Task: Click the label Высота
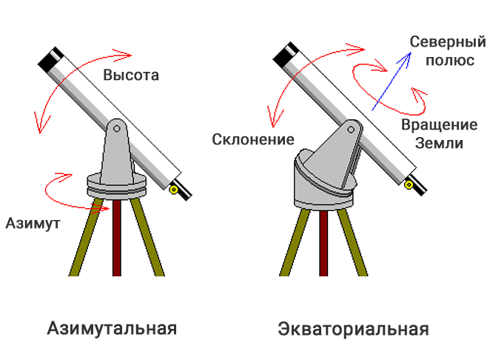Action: tap(131, 75)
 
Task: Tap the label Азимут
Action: tap(33, 223)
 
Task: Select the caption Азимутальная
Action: tap(112, 328)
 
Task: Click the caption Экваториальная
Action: tap(353, 329)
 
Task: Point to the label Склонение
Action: tap(253, 139)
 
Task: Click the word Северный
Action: tap(448, 41)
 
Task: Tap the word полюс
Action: tap(450, 60)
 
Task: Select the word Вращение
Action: tap(440, 124)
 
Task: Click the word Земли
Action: tap(439, 143)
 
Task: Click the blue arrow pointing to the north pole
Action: tap(392, 81)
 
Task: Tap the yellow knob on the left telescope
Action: tap(173, 190)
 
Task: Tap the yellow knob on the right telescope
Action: tap(409, 185)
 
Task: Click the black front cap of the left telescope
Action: tap(50, 60)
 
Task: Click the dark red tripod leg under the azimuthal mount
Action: tap(117, 238)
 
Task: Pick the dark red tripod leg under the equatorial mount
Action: tap(323, 243)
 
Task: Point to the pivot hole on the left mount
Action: tap(117, 128)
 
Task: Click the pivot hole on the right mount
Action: tap(351, 129)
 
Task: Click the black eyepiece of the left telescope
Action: tap(182, 190)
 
